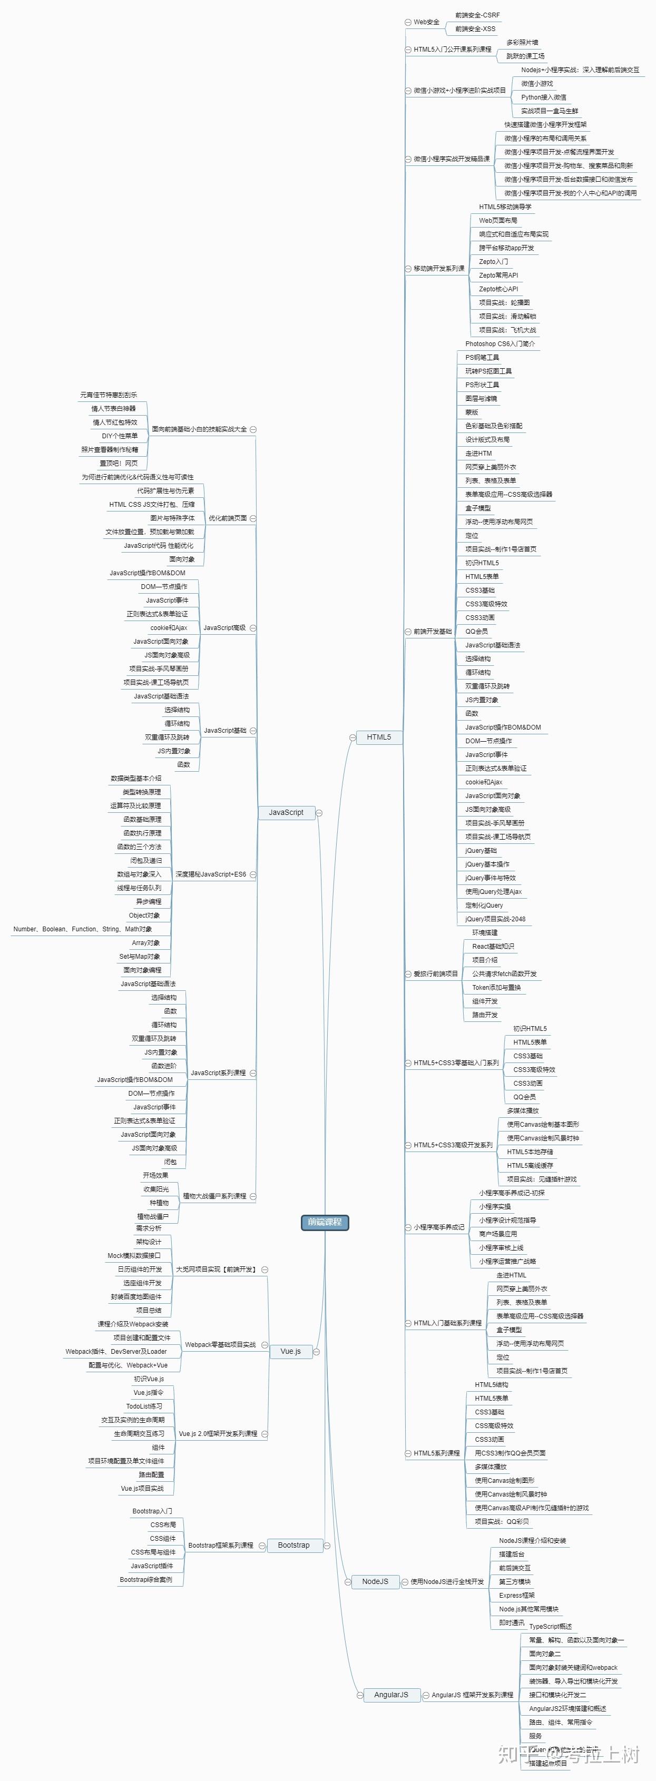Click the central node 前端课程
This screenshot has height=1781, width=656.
point(325,1222)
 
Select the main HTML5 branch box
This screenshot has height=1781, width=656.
point(378,737)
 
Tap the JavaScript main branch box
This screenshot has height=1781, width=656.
point(286,812)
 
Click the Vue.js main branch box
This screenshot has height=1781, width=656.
point(290,1351)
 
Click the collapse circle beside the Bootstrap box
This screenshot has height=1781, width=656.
point(327,1545)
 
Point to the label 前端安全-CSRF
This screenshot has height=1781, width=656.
point(477,15)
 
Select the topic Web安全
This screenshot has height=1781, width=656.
point(426,22)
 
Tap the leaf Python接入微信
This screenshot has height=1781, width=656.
point(543,97)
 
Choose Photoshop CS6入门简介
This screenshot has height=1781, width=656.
point(500,343)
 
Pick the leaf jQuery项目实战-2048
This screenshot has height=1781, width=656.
point(495,919)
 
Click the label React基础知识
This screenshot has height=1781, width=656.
point(493,947)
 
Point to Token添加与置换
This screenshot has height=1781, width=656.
point(496,987)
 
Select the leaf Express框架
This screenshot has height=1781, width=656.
point(516,1595)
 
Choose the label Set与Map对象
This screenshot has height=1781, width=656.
point(139,957)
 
